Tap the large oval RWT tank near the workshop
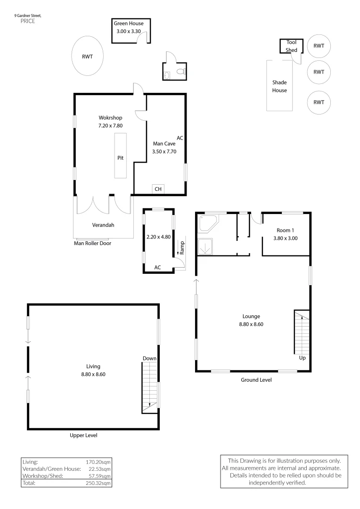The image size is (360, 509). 87,57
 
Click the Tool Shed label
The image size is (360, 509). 292,46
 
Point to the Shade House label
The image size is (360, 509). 279,86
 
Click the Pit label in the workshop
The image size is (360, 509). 120,158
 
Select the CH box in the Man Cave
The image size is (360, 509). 158,189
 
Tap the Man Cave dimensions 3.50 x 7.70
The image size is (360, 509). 164,152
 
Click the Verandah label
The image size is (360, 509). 103,225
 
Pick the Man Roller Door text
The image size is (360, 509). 92,244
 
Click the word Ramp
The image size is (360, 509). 182,247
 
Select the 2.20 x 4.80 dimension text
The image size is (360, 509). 159,237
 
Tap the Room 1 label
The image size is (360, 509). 285,230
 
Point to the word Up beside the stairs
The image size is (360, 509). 303,358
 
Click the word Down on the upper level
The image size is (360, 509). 149,359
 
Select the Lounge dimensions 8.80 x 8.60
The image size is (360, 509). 251,324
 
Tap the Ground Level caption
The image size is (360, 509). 256,380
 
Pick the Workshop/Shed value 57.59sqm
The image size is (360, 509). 100,476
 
